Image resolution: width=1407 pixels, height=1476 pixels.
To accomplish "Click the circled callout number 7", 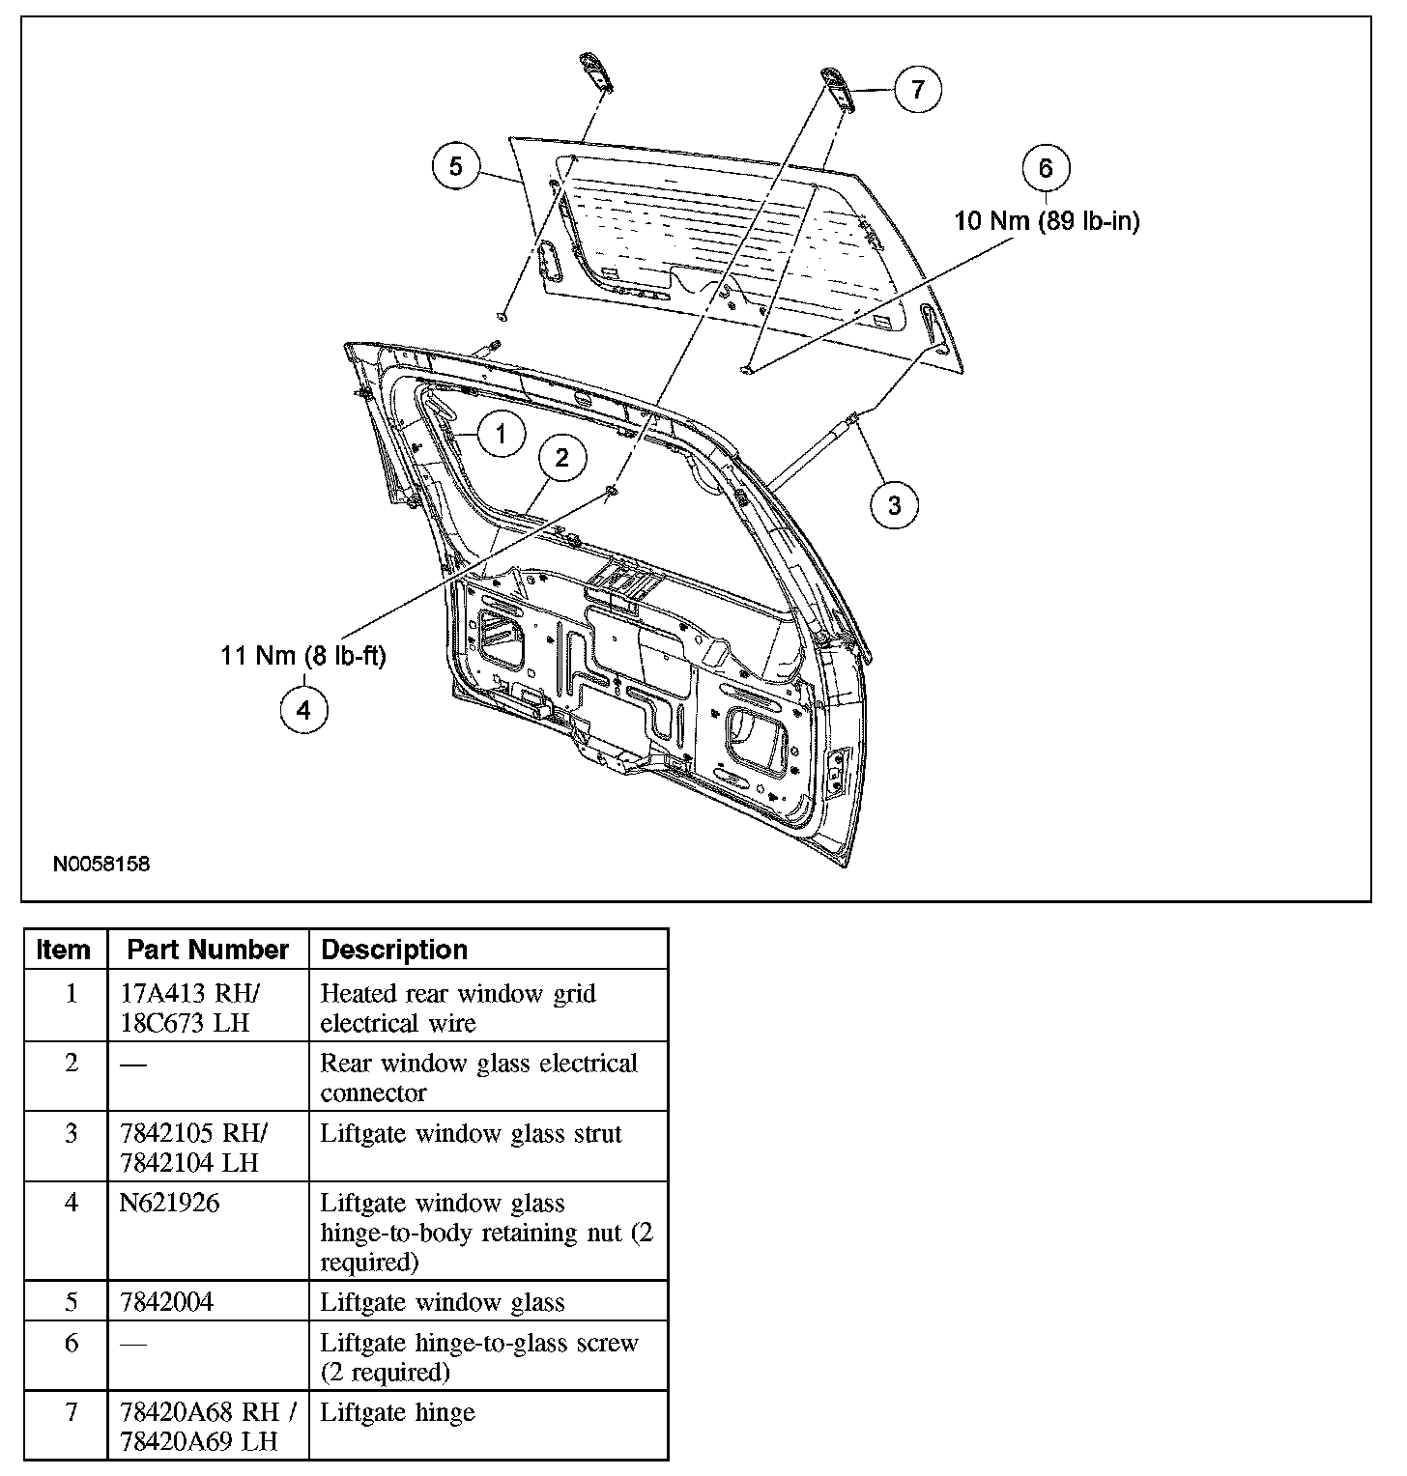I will click(x=917, y=89).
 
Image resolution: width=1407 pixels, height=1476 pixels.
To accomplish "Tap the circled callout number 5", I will click(x=455, y=167).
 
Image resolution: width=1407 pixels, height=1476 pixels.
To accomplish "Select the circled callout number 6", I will click(x=1046, y=168).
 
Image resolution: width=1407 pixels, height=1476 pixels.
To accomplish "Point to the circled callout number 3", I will click(x=894, y=504).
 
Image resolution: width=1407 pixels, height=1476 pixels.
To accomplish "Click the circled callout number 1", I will click(x=500, y=434).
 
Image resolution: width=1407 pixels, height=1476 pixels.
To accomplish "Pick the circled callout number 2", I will click(x=561, y=458).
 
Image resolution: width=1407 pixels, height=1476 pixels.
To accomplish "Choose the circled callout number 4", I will click(x=303, y=711).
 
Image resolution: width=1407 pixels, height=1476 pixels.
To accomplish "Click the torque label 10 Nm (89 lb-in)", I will click(x=1047, y=221).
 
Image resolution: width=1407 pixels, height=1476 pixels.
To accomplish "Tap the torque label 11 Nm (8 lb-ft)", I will click(x=303, y=656).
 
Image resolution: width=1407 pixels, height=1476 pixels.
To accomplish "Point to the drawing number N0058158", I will click(x=101, y=864).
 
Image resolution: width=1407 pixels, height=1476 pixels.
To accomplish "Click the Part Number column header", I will click(x=208, y=950).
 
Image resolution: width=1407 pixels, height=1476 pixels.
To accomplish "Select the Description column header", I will click(x=394, y=950).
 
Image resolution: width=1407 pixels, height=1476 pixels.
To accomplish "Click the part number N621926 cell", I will click(x=170, y=1203).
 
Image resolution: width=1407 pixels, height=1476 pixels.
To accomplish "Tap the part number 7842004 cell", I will click(x=166, y=1301).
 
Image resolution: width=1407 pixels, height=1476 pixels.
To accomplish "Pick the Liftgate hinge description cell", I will click(x=397, y=1412).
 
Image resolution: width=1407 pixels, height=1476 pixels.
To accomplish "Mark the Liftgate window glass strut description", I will click(x=471, y=1133).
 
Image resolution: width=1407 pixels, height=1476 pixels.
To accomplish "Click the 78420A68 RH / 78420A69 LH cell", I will click(x=208, y=1426).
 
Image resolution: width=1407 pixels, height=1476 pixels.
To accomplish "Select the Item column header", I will click(x=64, y=950).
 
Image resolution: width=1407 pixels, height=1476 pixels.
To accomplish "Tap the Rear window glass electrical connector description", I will click(x=478, y=1077).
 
